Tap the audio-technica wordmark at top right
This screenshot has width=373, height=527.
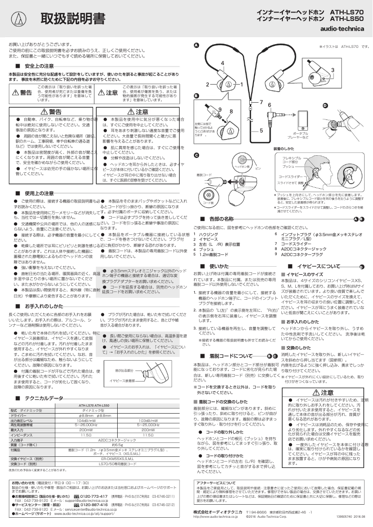click(x=346, y=28)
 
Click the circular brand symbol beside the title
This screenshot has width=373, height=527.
click(x=19, y=19)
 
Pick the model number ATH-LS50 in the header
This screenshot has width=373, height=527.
click(x=348, y=19)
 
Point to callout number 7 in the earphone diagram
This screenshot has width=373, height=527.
click(x=261, y=102)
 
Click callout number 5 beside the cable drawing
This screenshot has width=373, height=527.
click(x=261, y=131)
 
